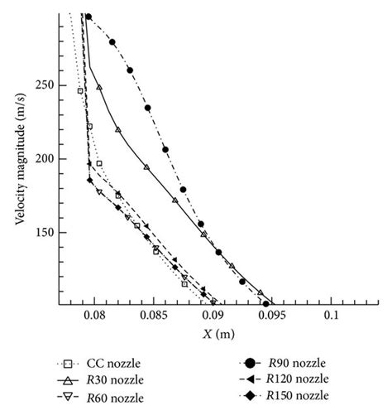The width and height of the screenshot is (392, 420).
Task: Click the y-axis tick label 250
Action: [x=45, y=85]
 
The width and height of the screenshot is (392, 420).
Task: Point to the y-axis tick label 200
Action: [x=45, y=158]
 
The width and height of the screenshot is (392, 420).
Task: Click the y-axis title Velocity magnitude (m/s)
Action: [x=18, y=157]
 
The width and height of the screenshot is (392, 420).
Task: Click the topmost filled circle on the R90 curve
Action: [x=88, y=17]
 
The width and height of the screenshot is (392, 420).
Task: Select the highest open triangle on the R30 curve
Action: [x=99, y=86]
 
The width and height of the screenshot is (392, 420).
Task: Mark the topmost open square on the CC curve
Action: [x=80, y=91]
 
